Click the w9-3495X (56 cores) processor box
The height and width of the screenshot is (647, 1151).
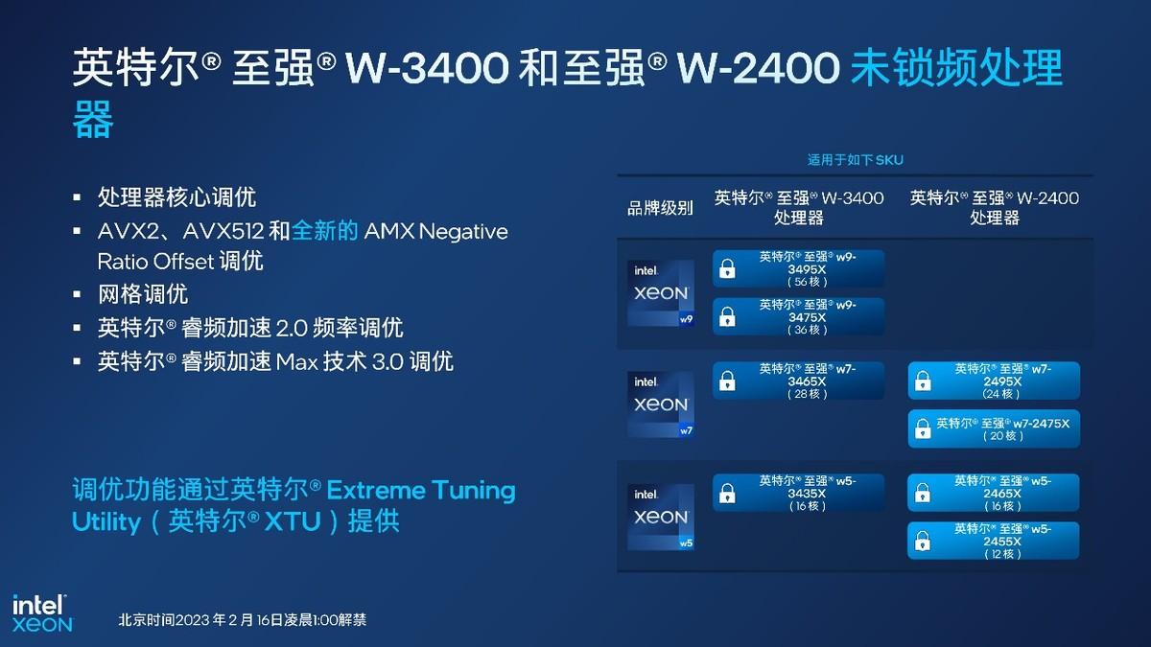(798, 268)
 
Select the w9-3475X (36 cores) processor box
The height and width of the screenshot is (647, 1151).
(798, 316)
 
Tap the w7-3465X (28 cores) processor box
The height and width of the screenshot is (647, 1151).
(798, 381)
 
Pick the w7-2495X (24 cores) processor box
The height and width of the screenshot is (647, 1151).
(994, 381)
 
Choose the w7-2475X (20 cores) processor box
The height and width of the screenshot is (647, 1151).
(994, 428)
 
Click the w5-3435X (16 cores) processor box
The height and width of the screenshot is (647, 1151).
(798, 493)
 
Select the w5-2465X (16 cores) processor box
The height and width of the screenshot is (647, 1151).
(994, 493)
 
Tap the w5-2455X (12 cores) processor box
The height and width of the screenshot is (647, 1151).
(994, 541)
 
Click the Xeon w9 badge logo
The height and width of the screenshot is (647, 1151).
(661, 293)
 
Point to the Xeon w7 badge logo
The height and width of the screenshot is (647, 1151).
(661, 404)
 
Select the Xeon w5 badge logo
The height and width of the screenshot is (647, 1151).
(661, 517)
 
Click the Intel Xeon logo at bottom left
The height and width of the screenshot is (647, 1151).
(42, 613)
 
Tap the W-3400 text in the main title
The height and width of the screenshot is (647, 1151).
(428, 68)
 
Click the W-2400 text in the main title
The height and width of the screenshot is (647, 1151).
(759, 68)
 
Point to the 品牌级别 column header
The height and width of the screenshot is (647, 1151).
(660, 208)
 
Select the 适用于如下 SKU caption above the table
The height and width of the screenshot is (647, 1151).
(855, 160)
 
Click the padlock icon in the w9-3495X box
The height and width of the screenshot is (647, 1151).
(727, 268)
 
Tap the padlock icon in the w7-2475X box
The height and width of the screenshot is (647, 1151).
(923, 428)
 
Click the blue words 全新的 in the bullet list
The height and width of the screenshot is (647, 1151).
(325, 231)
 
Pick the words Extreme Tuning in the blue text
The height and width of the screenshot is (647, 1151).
(421, 491)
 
